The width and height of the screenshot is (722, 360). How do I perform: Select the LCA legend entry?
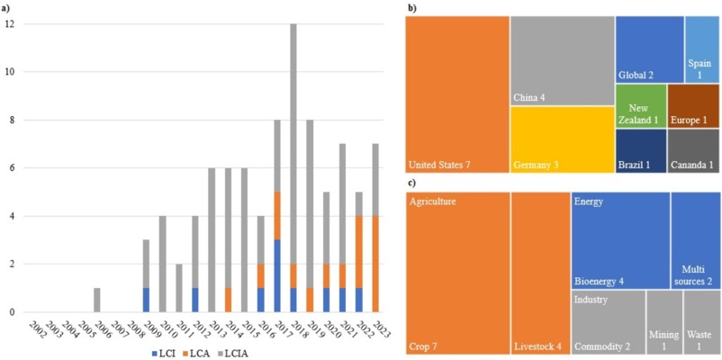212,349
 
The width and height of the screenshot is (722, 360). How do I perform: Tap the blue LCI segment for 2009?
147,300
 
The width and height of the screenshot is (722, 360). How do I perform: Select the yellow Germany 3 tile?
562,139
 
